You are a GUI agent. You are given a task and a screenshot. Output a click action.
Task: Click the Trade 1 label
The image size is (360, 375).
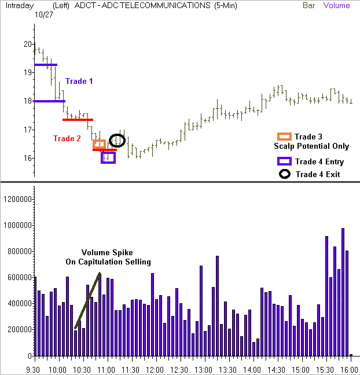click(79, 82)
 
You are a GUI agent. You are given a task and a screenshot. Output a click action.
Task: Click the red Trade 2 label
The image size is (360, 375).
click(67, 138)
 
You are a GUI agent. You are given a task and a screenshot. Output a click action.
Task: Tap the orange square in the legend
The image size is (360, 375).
click(284, 137)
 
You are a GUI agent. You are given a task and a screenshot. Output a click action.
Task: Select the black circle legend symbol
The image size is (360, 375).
click(284, 174)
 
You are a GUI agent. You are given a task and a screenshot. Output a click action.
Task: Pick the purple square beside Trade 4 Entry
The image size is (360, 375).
click(284, 161)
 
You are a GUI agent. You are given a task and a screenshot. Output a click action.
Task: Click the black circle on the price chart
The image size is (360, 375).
click(117, 140)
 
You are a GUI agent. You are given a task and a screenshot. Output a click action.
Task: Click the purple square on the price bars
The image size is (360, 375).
click(108, 157)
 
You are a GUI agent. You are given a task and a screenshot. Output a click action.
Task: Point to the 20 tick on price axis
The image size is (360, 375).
click(28, 44)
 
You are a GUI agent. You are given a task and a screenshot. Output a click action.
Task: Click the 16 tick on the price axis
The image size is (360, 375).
click(28, 159)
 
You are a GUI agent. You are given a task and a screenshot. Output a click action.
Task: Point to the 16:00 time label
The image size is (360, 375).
click(347, 368)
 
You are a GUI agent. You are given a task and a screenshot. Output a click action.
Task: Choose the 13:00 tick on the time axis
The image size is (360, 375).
click(203, 368)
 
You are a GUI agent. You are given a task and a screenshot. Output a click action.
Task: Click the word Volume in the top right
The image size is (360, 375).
click(336, 6)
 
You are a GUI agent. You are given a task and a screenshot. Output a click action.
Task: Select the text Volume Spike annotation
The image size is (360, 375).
click(108, 253)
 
